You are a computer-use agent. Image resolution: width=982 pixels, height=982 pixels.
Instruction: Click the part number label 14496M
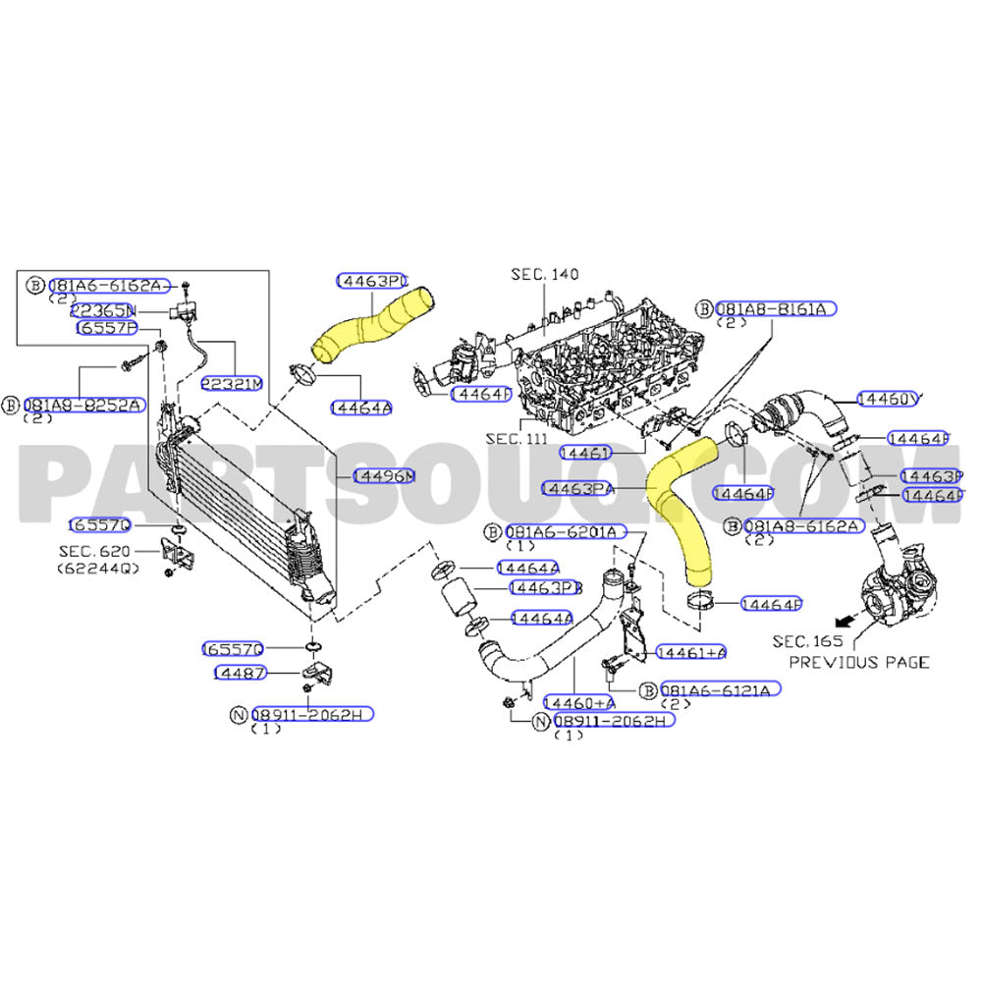pyautogui.click(x=384, y=476)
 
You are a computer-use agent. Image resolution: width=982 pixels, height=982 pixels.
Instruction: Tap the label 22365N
pyautogui.click(x=102, y=309)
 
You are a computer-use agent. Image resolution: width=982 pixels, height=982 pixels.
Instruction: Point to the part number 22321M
pyautogui.click(x=232, y=383)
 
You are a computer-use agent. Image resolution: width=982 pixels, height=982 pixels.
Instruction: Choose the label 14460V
pyautogui.click(x=888, y=399)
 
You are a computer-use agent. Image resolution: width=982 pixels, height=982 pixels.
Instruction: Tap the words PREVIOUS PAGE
pyautogui.click(x=859, y=662)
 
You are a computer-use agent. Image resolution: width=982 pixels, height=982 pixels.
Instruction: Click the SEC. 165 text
pyautogui.click(x=808, y=641)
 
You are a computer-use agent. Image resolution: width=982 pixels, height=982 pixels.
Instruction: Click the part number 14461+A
pyautogui.click(x=691, y=652)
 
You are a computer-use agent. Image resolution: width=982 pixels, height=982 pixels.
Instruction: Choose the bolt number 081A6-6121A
pyautogui.click(x=721, y=689)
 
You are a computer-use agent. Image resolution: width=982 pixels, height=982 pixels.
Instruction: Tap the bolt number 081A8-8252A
pyautogui.click(x=83, y=404)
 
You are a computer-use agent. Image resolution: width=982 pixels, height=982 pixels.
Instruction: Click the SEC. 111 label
pyautogui.click(x=518, y=438)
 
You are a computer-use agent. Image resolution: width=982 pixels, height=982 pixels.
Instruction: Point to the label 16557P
pyautogui.click(x=106, y=328)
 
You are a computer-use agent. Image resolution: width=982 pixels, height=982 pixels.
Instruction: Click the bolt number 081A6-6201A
pyautogui.click(x=564, y=531)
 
